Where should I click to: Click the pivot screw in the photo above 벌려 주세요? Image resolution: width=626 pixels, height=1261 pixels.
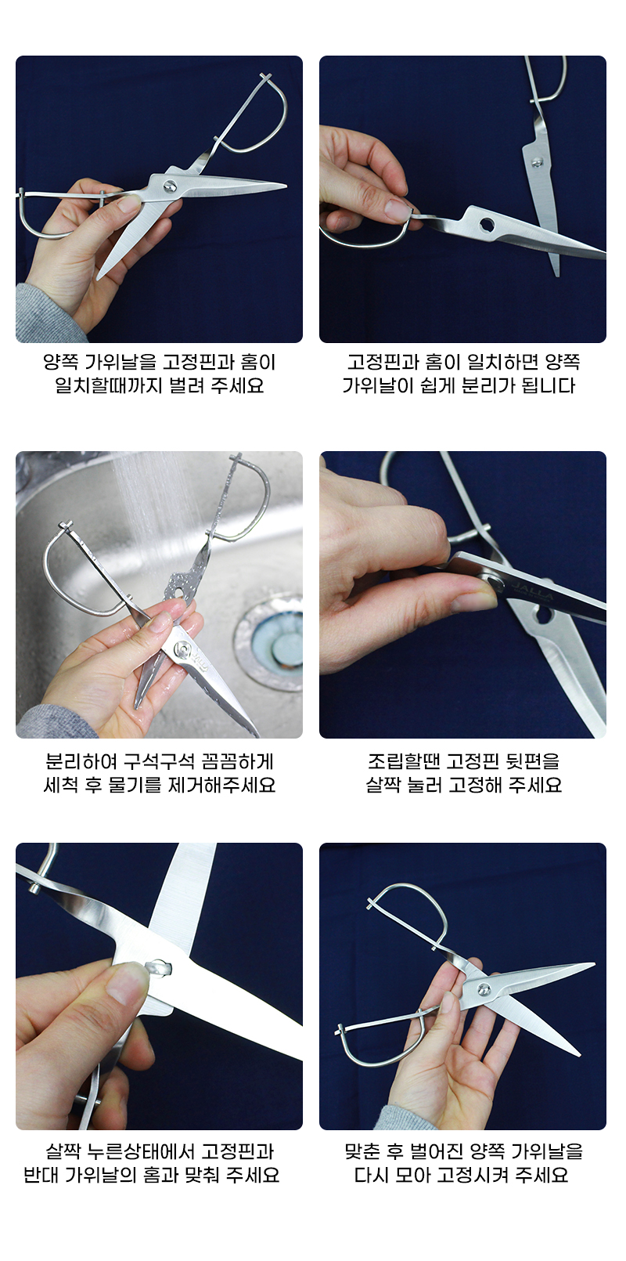point(170,186)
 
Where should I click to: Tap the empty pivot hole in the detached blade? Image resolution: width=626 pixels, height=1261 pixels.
point(486,226)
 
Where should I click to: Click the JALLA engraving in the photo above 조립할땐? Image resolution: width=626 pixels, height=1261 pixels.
point(532,591)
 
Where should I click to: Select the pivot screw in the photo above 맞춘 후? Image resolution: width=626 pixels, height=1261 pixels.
point(483,990)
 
